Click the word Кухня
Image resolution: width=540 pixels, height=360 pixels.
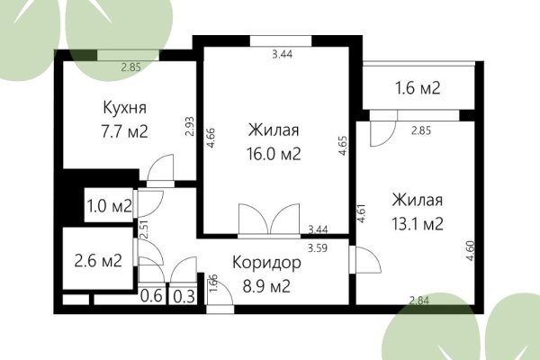click(x=124, y=109)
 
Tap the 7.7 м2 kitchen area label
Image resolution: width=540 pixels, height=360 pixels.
click(x=124, y=132)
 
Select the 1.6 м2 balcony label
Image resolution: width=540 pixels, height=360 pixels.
click(x=418, y=88)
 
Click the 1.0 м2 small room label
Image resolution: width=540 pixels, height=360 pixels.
click(x=108, y=206)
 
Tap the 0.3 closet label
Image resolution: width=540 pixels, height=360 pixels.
click(x=183, y=294)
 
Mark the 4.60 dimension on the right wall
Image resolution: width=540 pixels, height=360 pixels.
click(x=468, y=247)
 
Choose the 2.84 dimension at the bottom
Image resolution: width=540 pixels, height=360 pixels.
click(x=418, y=301)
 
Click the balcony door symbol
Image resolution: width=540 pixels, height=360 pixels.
click(x=382, y=129)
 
